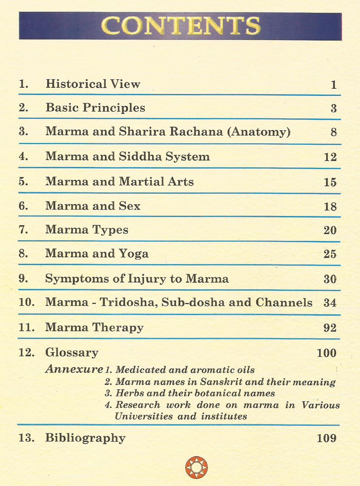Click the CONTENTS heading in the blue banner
click(181, 26)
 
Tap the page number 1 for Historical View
click(333, 85)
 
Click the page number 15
click(330, 182)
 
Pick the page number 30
click(330, 279)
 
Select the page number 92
click(330, 328)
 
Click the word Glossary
click(72, 353)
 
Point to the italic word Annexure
click(74, 369)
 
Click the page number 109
click(327, 438)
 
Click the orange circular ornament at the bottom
click(196, 467)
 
